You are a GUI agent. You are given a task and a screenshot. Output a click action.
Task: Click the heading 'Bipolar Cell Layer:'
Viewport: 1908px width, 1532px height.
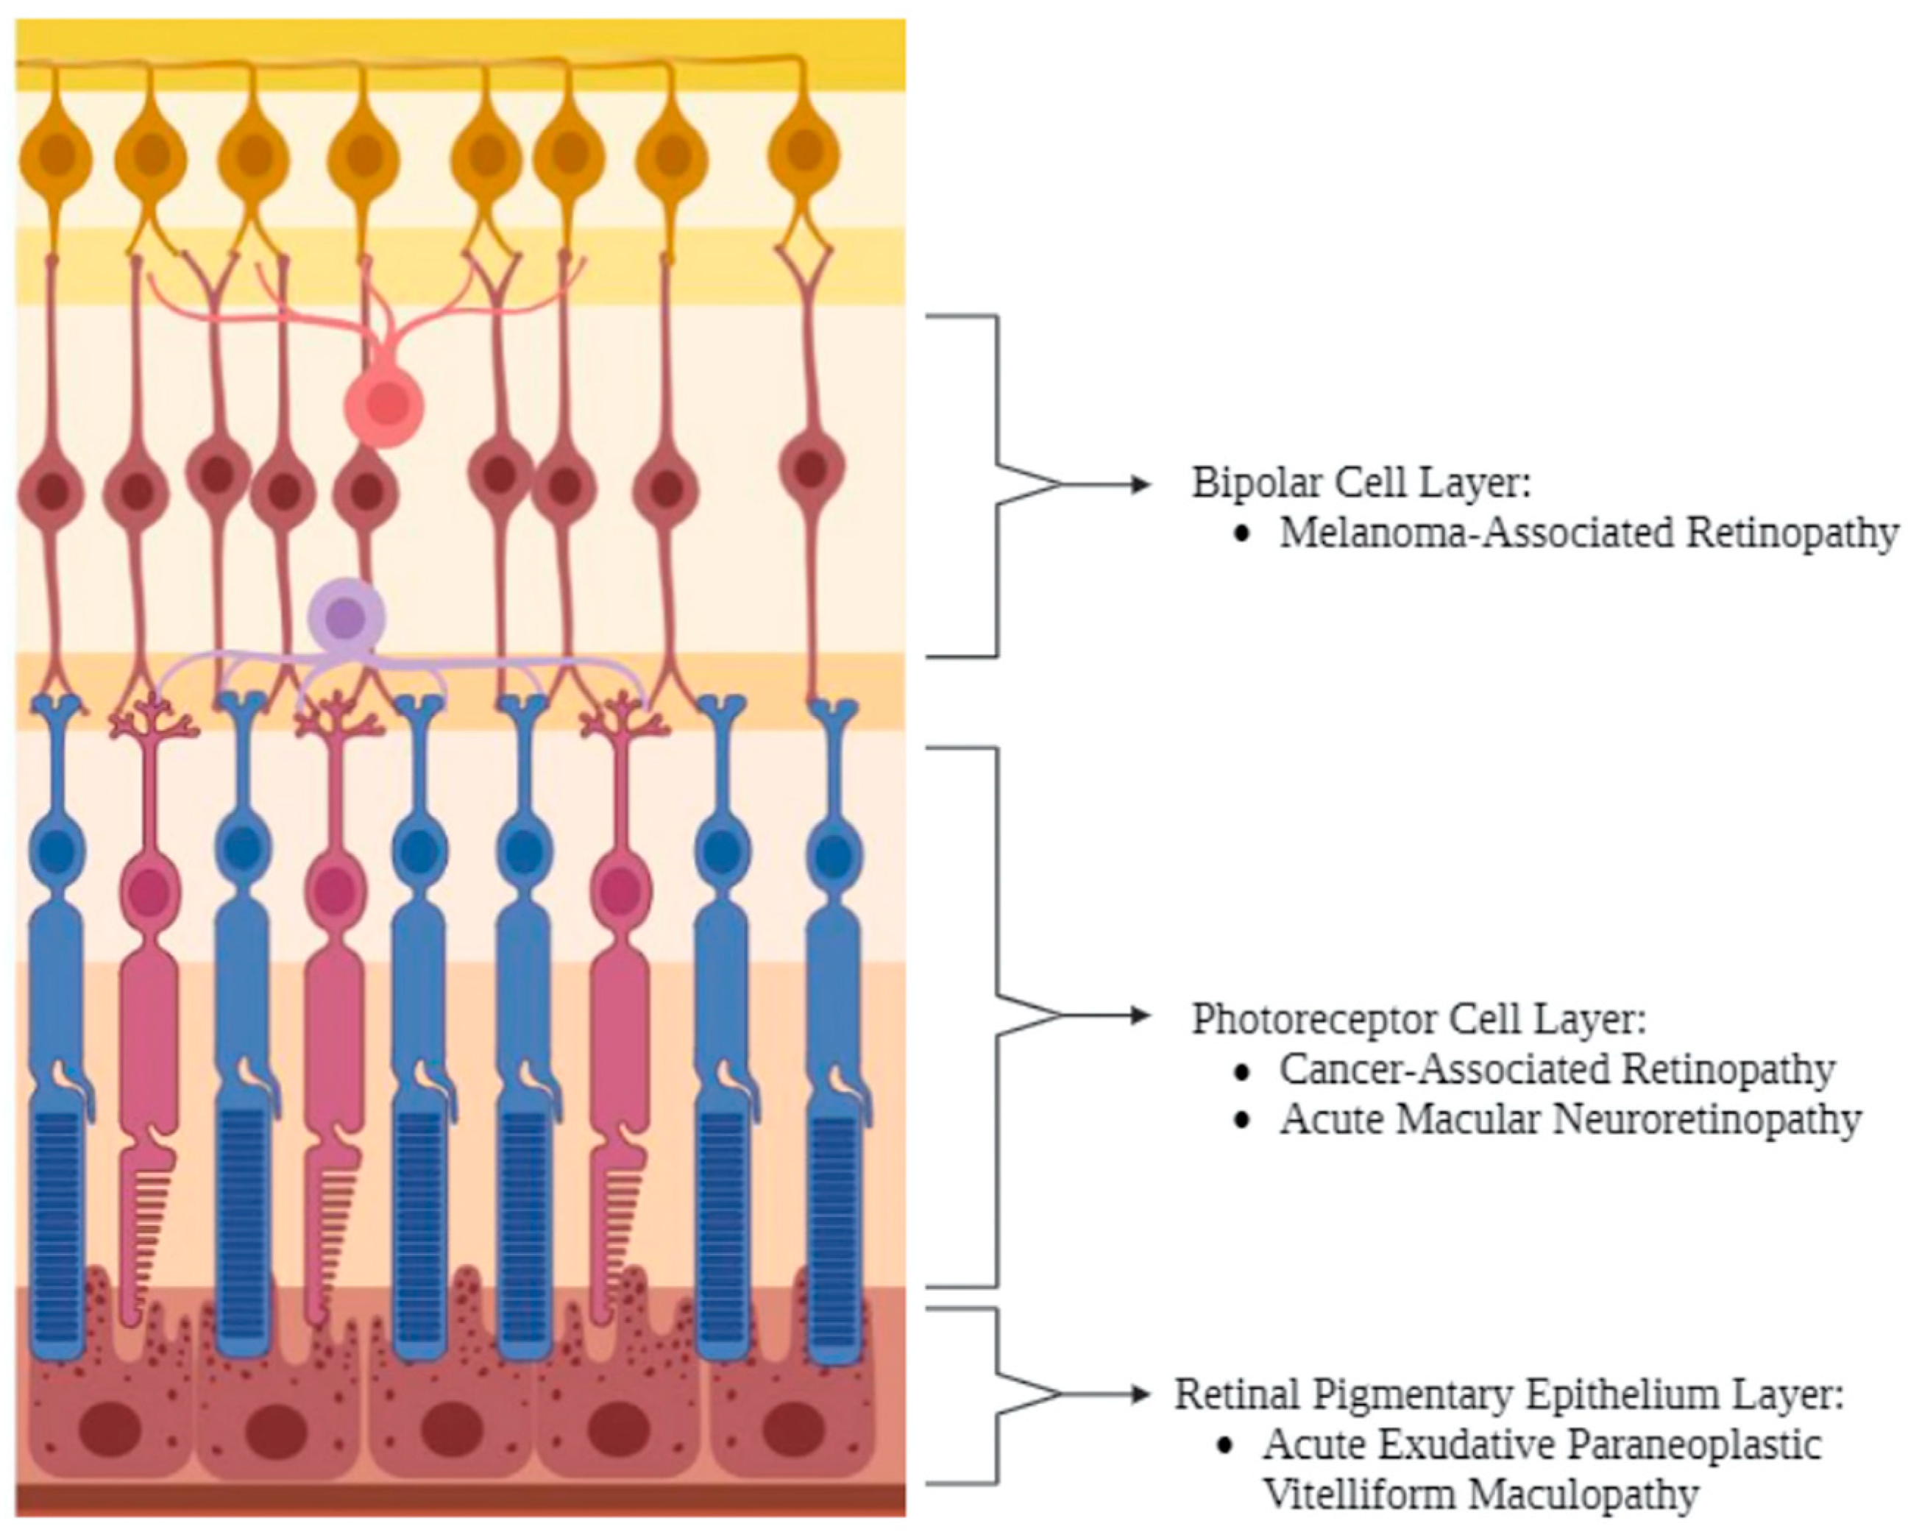point(1361,483)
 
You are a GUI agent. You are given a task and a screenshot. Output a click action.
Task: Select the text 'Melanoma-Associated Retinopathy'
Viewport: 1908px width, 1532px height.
point(1589,533)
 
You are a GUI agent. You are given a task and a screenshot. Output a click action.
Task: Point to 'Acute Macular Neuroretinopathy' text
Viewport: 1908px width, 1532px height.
point(1570,1120)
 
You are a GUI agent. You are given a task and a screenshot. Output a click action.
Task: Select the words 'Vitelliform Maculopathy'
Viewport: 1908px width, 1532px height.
point(1480,1494)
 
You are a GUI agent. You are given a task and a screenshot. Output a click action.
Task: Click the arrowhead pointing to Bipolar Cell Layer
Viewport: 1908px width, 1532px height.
point(1141,484)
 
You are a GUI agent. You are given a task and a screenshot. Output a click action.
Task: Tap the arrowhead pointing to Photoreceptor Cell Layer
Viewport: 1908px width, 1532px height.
point(1141,1016)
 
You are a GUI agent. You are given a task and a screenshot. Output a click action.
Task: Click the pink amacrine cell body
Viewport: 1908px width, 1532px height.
point(384,406)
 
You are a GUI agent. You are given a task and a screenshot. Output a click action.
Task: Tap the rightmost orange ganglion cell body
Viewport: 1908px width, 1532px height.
point(804,152)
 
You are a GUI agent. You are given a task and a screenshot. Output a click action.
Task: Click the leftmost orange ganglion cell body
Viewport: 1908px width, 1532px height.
point(56,157)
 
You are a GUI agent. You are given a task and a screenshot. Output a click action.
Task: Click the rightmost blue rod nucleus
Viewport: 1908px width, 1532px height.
point(832,855)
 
